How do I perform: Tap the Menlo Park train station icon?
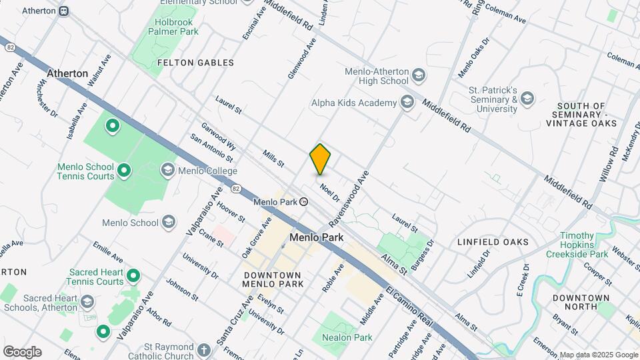[x=304, y=201]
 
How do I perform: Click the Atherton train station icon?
[x=63, y=11]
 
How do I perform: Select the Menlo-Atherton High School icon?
[x=419, y=75]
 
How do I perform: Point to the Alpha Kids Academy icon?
[x=407, y=103]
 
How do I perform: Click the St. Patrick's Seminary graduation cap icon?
[x=528, y=99]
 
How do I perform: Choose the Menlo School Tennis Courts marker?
[x=124, y=172]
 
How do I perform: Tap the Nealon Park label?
[x=345, y=337]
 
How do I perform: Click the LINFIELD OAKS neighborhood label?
[x=493, y=242]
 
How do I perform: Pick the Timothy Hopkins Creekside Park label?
[x=577, y=245]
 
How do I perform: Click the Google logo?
[x=22, y=351]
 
